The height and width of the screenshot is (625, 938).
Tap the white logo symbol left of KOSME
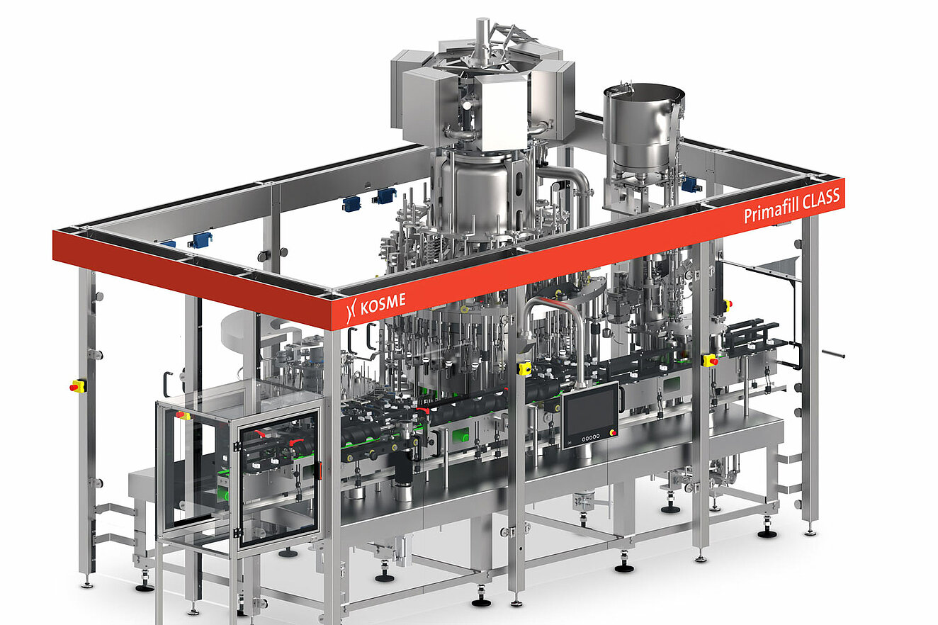(x=351, y=311)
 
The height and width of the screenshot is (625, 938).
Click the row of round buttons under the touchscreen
(x=591, y=437)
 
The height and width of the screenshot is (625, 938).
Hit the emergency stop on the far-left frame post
(x=78, y=385)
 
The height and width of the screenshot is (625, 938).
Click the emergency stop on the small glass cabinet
(x=183, y=415)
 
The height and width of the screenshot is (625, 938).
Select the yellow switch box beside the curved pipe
(x=525, y=368)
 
